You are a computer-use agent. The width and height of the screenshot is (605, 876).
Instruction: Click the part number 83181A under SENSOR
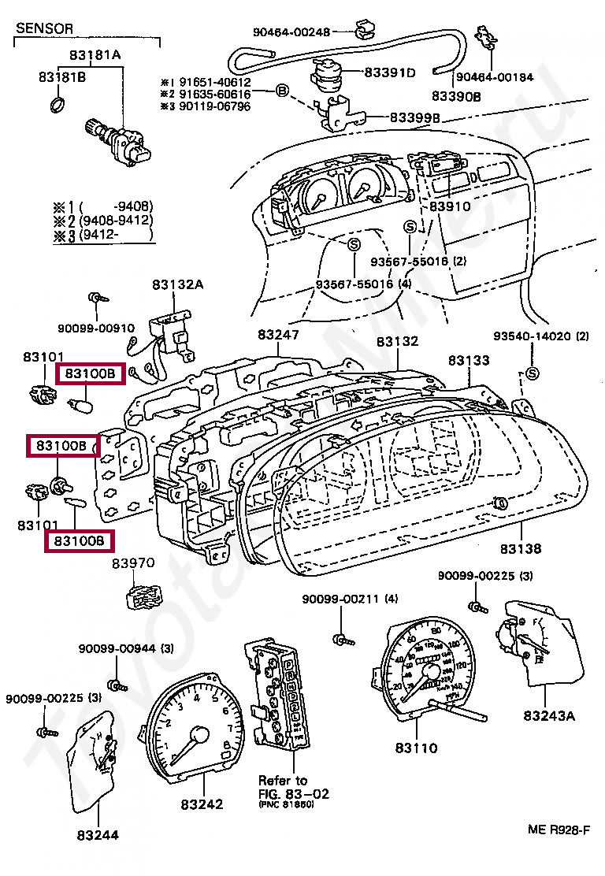(94, 55)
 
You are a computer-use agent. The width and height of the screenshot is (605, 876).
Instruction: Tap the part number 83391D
(389, 72)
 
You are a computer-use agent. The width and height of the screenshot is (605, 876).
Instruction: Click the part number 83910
(449, 206)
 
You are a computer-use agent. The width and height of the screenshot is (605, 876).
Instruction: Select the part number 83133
(469, 360)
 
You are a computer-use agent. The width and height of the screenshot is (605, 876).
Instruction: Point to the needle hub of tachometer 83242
(199, 735)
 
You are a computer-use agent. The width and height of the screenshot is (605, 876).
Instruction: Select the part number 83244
(98, 835)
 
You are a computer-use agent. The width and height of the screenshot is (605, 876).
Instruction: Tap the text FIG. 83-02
(294, 794)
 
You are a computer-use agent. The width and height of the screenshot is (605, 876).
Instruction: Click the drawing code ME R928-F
(559, 830)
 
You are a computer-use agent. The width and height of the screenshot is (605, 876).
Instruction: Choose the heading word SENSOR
(45, 29)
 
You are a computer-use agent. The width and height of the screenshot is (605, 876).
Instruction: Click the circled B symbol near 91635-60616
(281, 92)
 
